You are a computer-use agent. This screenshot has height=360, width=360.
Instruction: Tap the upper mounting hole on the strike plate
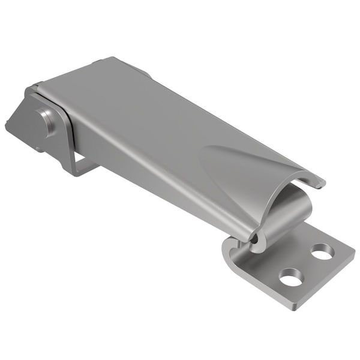[323, 251]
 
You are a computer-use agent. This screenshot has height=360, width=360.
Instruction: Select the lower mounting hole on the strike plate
[291, 277]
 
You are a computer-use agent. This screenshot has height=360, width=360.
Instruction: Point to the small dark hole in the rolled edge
[254, 238]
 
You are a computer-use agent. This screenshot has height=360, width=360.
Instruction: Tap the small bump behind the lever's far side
[144, 72]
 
